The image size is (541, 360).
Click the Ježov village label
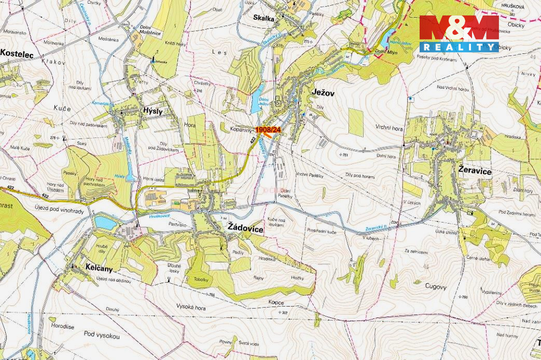324,92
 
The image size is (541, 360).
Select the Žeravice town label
475,171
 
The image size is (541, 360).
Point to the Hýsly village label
152,111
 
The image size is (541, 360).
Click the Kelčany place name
99,268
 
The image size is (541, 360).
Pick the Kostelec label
17,53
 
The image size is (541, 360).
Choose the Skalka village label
263,18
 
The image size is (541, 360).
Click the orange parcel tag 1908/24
268,129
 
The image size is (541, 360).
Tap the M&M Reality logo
459,34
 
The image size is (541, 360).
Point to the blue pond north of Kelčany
105,223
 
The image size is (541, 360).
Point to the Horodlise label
62,326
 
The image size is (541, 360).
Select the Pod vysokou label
102,336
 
